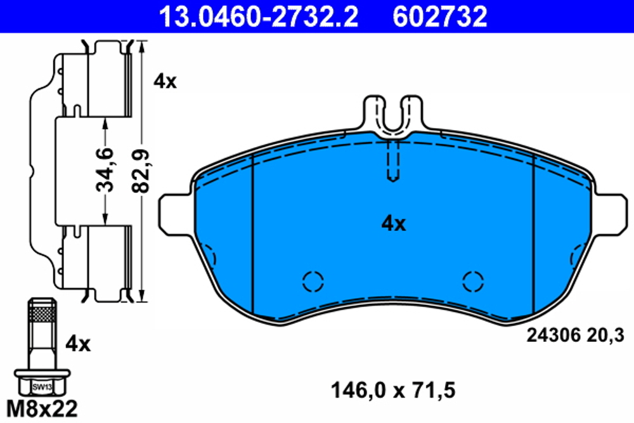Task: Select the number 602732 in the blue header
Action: click(440, 16)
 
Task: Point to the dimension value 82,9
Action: click(141, 170)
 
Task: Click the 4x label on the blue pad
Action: click(393, 223)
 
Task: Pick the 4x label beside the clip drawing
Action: click(166, 81)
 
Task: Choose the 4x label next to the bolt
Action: click(79, 344)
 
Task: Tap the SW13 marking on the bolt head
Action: click(40, 386)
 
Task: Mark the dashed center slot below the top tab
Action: click(393, 162)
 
